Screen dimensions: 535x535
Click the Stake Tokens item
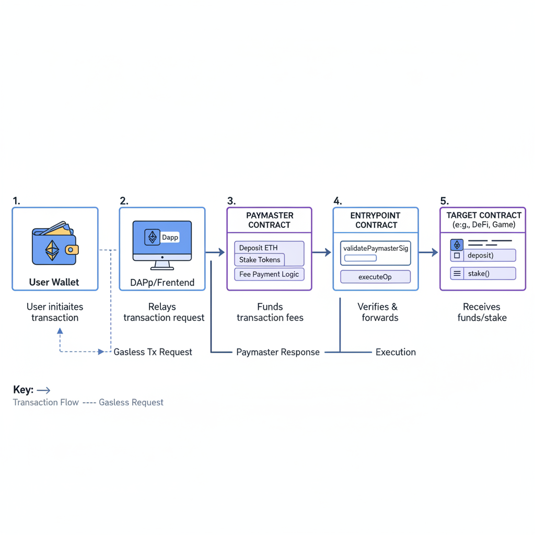tap(260, 260)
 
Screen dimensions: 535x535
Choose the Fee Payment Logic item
tap(269, 274)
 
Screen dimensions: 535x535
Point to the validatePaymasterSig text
tap(375, 248)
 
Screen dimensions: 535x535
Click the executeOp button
tap(375, 277)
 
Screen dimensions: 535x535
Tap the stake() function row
tap(483, 273)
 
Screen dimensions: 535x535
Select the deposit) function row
tap(483, 255)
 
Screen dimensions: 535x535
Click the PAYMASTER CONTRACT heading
tap(269, 220)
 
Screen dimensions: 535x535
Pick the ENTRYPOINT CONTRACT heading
tap(376, 220)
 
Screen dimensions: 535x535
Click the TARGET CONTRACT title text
tap(484, 215)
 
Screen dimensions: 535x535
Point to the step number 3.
tap(231, 201)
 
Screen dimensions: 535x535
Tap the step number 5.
tap(444, 201)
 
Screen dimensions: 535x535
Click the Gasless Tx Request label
tap(153, 352)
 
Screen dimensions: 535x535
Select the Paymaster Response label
tap(277, 352)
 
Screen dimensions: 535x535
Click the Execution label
tap(396, 352)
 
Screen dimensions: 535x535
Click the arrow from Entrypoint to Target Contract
tap(428, 253)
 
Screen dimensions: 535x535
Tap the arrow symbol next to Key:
tap(44, 390)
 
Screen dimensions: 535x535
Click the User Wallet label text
tap(54, 282)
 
